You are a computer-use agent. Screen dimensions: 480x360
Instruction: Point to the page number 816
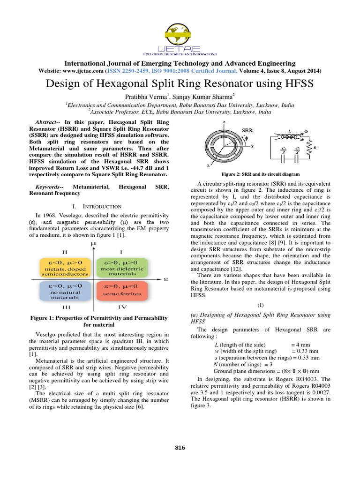click(180, 448)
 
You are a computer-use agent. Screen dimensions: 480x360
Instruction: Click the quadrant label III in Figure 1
click(67, 307)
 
